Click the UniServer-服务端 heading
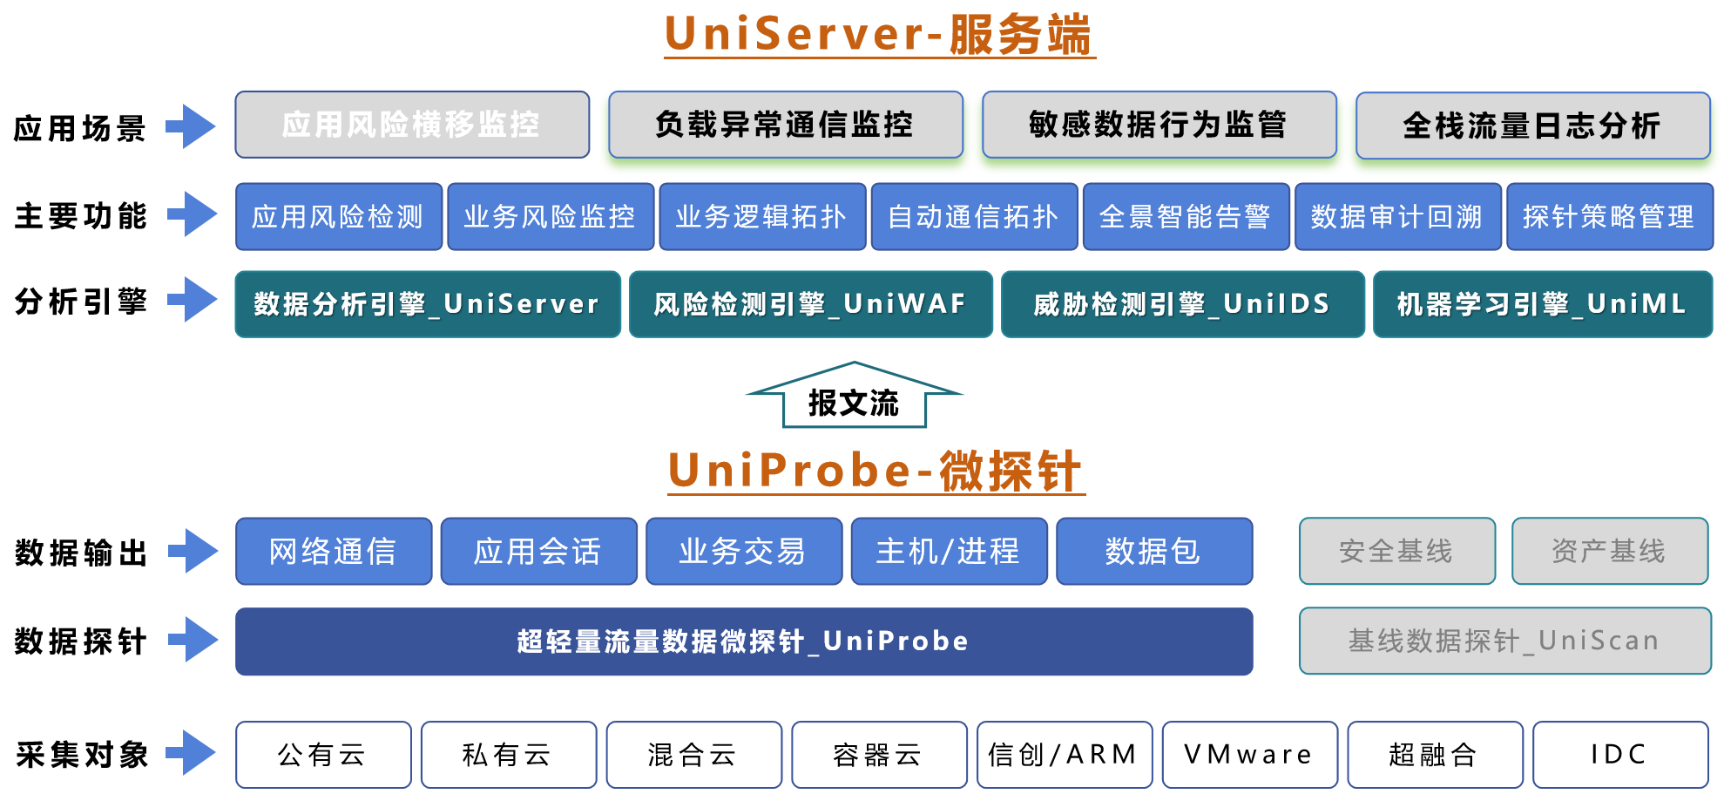[878, 35]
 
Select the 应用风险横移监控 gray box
[412, 125]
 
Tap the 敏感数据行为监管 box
[1159, 125]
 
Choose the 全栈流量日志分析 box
[1532, 126]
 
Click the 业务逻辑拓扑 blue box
[762, 216]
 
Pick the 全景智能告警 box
[1186, 216]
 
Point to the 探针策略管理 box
[1609, 216]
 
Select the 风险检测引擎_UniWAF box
[810, 304]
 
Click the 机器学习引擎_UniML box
[1542, 304]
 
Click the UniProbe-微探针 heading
[876, 471]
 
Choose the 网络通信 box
[333, 551]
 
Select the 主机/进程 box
[949, 551]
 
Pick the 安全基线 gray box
[1396, 551]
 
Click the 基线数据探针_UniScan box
[1504, 641]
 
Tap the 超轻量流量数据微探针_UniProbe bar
[743, 641]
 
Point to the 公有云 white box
[322, 754]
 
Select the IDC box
[1619, 754]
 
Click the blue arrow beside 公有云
[192, 752]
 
